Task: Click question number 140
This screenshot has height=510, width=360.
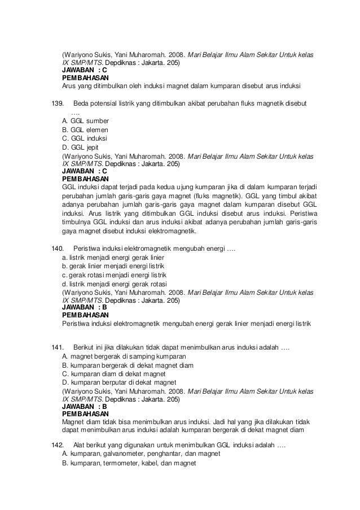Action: (58, 247)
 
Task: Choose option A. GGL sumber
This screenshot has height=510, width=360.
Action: (85, 121)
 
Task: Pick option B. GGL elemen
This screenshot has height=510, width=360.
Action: (86, 130)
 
